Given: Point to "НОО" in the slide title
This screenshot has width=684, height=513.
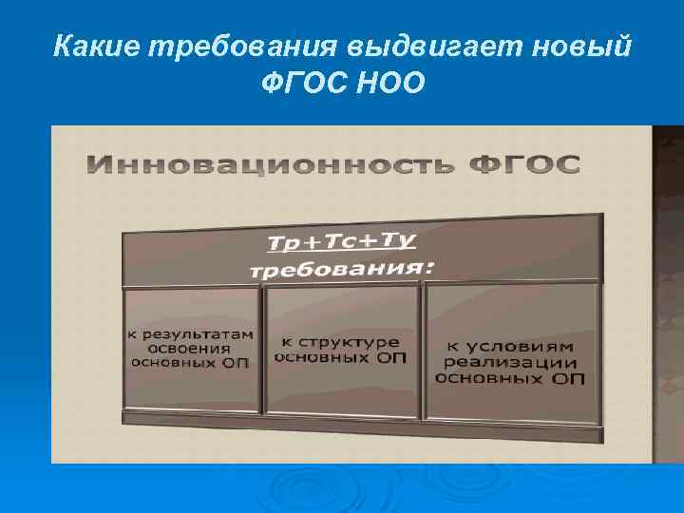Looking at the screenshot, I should click(x=387, y=85).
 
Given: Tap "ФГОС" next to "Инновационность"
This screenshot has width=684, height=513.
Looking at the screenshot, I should click(x=522, y=163).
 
